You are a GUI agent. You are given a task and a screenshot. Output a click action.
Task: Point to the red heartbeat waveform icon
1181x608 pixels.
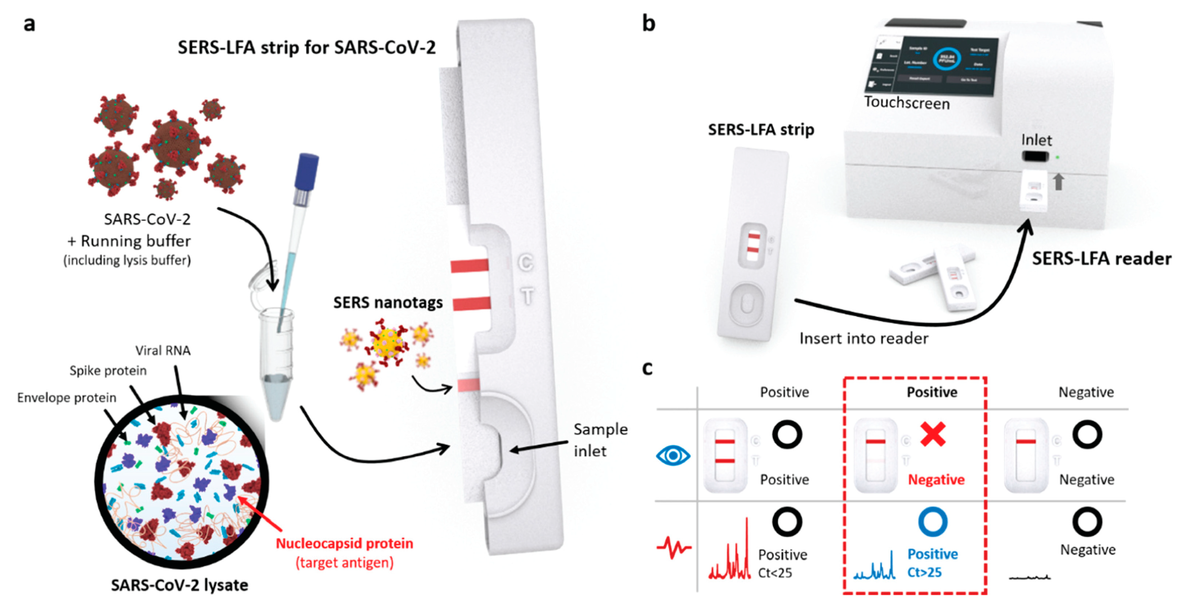pyautogui.click(x=673, y=547)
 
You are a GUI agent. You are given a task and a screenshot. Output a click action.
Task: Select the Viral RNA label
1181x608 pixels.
pyautogui.click(x=163, y=350)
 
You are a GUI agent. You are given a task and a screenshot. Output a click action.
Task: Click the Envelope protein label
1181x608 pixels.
pyautogui.click(x=67, y=397)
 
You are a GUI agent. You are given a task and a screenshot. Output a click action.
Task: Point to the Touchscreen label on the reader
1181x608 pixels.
pyautogui.click(x=906, y=103)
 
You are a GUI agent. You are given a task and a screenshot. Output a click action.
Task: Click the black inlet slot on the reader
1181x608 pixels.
pyautogui.click(x=1035, y=156)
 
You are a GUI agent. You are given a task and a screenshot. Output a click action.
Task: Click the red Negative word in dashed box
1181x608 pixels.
pyautogui.click(x=936, y=479)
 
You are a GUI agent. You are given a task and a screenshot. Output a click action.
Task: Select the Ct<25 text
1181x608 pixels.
pyautogui.click(x=775, y=573)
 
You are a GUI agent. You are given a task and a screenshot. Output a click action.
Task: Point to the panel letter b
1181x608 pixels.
pyautogui.click(x=648, y=23)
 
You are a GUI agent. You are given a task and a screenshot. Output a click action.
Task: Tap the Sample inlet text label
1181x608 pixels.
pyautogui.click(x=600, y=440)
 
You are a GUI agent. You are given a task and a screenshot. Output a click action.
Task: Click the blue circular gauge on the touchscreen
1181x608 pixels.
pyautogui.click(x=946, y=60)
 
